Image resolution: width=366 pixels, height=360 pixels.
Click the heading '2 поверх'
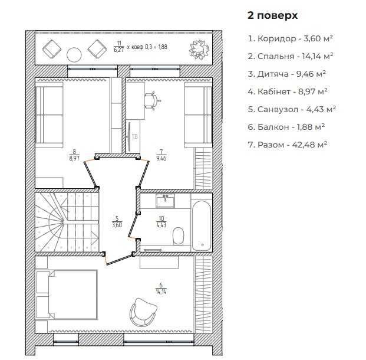coord(273,16)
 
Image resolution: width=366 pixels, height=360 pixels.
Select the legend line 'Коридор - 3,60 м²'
coord(290,38)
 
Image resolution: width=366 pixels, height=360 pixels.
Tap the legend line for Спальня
coord(291,56)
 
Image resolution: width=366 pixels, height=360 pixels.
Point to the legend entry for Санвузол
coord(292,109)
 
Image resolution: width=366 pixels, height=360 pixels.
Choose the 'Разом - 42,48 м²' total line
coord(288,145)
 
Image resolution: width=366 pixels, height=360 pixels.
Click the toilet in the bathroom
coord(179,236)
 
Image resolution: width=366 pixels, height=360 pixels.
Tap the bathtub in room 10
coord(202,226)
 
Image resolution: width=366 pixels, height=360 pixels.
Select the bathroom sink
coord(166,201)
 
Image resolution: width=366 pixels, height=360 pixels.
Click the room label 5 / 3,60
coord(117,222)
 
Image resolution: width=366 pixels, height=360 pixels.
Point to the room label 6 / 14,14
coord(161,289)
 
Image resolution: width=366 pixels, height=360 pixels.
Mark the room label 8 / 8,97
coord(74,155)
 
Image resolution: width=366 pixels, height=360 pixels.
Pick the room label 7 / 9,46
coord(161,155)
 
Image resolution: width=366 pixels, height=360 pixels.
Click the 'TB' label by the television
coord(135,136)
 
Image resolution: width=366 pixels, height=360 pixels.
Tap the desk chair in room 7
coord(152,101)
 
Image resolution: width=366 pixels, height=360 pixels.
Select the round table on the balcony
coord(74,55)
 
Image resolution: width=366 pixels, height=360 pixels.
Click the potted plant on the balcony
coord(199,50)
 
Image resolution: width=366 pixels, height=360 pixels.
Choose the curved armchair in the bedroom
coord(143,312)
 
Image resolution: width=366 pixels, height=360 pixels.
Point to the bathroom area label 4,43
coord(161,225)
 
